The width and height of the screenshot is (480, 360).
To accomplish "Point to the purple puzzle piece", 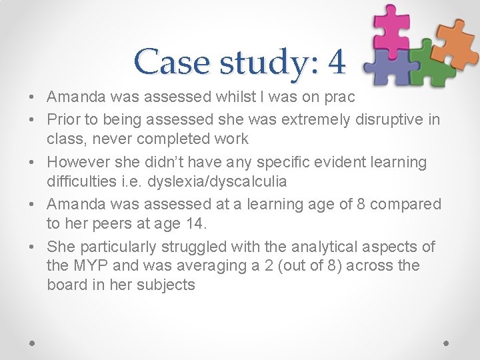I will (389, 67).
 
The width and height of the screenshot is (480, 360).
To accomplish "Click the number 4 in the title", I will (337, 62).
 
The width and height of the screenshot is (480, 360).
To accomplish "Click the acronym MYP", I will (89, 266).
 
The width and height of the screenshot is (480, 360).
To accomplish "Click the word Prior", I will (63, 120).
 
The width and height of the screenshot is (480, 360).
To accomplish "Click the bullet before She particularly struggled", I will (32, 247).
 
